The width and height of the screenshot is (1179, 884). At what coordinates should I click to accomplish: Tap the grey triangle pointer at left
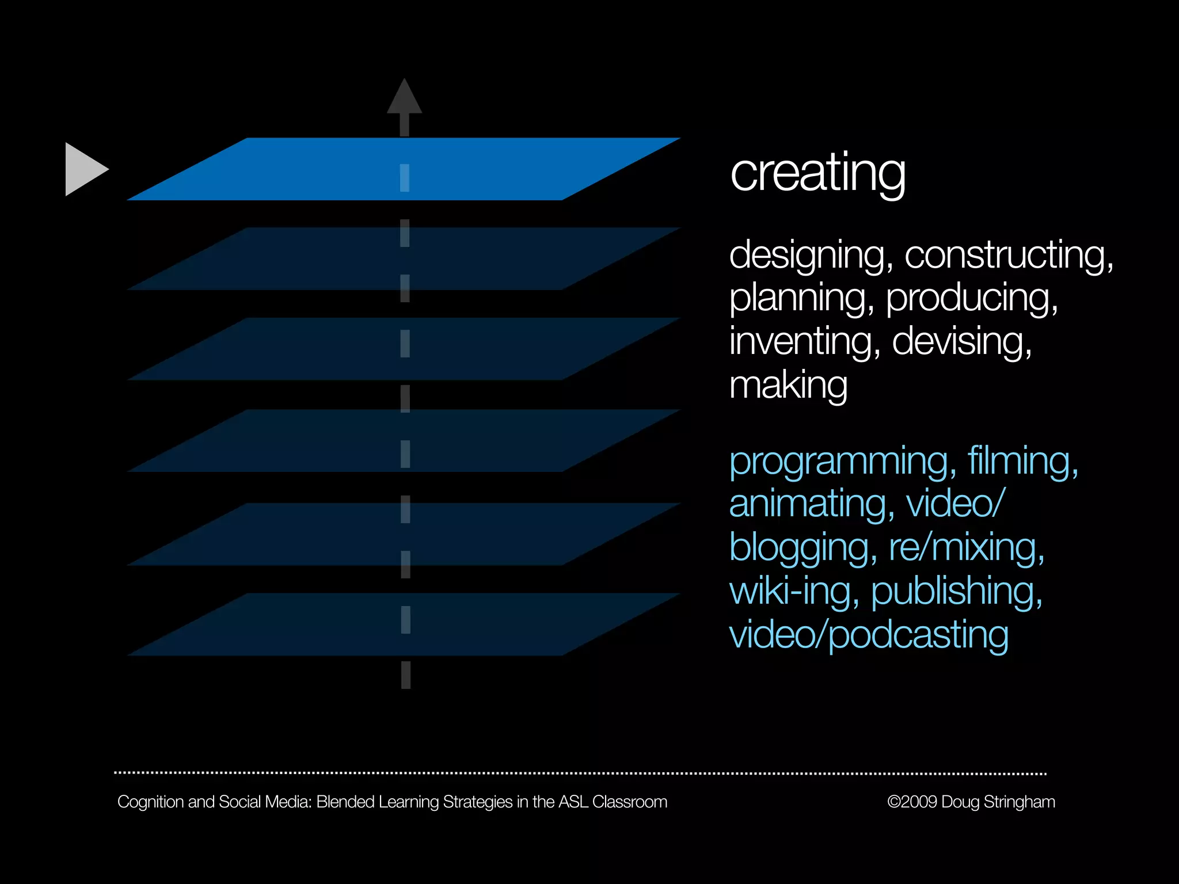click(x=84, y=169)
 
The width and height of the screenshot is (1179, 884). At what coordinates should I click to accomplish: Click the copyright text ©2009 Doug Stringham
click(x=971, y=802)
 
